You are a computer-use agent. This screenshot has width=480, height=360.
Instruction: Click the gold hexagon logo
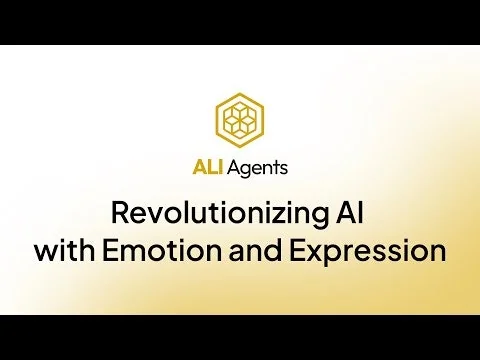pos(240,119)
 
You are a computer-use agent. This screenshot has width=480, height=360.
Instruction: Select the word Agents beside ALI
pos(257,168)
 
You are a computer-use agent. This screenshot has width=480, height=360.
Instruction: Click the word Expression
pos(366,250)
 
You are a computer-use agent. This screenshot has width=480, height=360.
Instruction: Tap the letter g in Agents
pos(245,170)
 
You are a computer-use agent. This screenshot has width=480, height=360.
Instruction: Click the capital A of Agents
pos(232,168)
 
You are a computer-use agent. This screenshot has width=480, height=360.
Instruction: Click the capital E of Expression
pos(296,250)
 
